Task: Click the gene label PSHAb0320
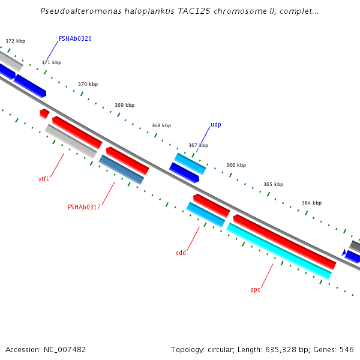pos(75,38)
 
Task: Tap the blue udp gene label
pos(216,125)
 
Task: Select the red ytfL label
pos(44,179)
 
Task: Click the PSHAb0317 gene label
pos(84,208)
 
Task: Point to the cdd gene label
pos(181,253)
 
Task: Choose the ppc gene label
pos(255,290)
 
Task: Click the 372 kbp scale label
pos(16,41)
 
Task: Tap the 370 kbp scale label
pos(88,85)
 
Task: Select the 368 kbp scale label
pos(161,126)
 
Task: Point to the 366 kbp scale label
pos(236,165)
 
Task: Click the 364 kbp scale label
pos(311,203)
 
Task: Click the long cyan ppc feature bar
pos(279,251)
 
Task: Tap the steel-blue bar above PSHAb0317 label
pos(121,169)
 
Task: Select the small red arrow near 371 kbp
pos(44,113)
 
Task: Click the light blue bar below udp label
pos(190,163)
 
